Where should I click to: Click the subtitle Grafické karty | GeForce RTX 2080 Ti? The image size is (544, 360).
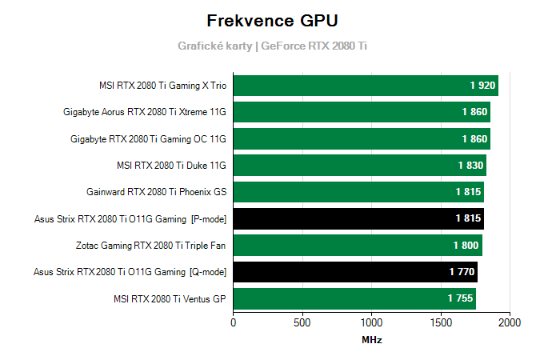[x=272, y=46]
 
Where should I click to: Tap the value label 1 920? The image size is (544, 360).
[x=483, y=86]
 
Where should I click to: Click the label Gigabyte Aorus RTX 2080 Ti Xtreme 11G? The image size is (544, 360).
[x=145, y=112]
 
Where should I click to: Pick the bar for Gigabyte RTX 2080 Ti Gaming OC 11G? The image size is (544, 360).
[x=360, y=139]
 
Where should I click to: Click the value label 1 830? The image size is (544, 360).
[x=471, y=166]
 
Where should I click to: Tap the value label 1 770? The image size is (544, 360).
[x=462, y=272]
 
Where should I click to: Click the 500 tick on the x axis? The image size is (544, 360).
[x=302, y=323]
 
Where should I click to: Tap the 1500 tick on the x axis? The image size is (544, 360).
[x=440, y=323]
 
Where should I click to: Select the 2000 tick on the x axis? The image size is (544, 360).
[x=509, y=323]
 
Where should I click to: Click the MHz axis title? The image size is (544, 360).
[x=371, y=340]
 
